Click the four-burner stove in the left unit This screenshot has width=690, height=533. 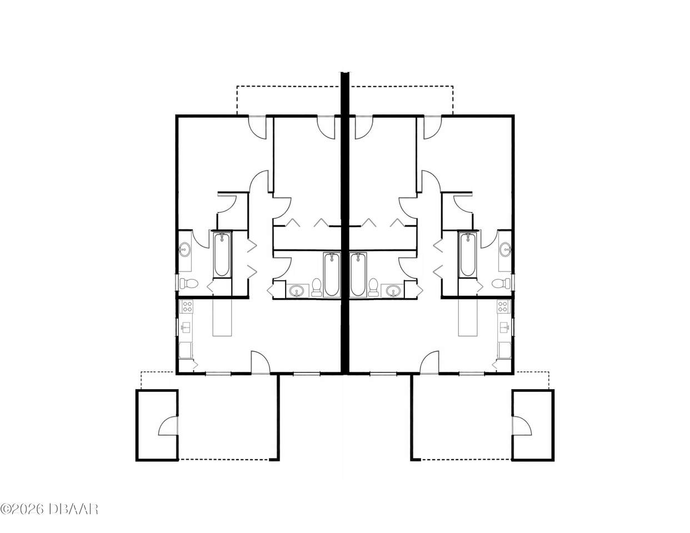pos(187,306)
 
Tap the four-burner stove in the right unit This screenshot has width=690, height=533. pos(503,306)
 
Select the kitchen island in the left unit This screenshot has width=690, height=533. pos(222,317)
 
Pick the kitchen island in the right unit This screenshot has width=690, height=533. pos(467,317)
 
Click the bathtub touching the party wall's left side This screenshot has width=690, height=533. pos(332,275)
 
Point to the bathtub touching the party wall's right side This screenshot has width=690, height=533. pos(358,275)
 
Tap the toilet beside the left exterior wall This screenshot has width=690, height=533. pos(189,283)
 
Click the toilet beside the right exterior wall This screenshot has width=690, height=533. pos(501,283)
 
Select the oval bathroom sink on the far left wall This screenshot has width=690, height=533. pos(184,249)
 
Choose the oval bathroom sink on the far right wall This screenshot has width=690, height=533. pos(505,249)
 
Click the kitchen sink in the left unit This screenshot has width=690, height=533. pos(186,328)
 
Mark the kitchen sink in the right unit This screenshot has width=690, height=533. pos(504,328)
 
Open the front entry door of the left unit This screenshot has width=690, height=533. pos(261,363)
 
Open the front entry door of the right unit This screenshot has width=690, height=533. pos(429,363)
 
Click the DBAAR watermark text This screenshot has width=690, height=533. pos(73,518)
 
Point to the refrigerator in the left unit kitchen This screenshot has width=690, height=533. pos(186,350)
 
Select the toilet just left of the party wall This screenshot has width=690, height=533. pos(317,287)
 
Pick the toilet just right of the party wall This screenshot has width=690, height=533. pos(373,287)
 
